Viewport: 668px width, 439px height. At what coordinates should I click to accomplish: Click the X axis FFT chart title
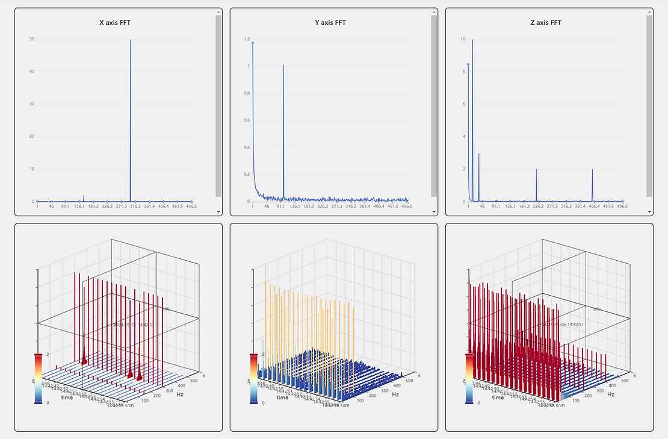[115, 23]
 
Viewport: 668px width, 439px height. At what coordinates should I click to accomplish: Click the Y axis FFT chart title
[330, 23]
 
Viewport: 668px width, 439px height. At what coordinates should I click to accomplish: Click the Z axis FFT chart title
[546, 23]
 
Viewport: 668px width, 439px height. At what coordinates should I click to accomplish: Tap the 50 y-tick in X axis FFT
[31, 40]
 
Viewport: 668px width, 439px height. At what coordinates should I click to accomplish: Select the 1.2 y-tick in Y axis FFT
[247, 40]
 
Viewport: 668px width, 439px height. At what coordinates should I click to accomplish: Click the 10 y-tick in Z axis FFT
[462, 40]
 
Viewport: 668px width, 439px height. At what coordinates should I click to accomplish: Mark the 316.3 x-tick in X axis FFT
[135, 207]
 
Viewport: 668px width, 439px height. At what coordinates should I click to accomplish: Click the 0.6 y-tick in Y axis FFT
[247, 120]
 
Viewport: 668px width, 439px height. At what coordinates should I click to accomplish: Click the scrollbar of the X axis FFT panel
[218, 105]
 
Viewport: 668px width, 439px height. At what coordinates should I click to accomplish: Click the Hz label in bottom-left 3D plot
[181, 394]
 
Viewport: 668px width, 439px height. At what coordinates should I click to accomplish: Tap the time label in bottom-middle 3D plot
[282, 397]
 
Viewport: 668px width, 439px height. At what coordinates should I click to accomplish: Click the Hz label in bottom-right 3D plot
[611, 394]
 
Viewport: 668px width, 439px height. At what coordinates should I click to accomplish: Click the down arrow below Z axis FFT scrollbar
[649, 212]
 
